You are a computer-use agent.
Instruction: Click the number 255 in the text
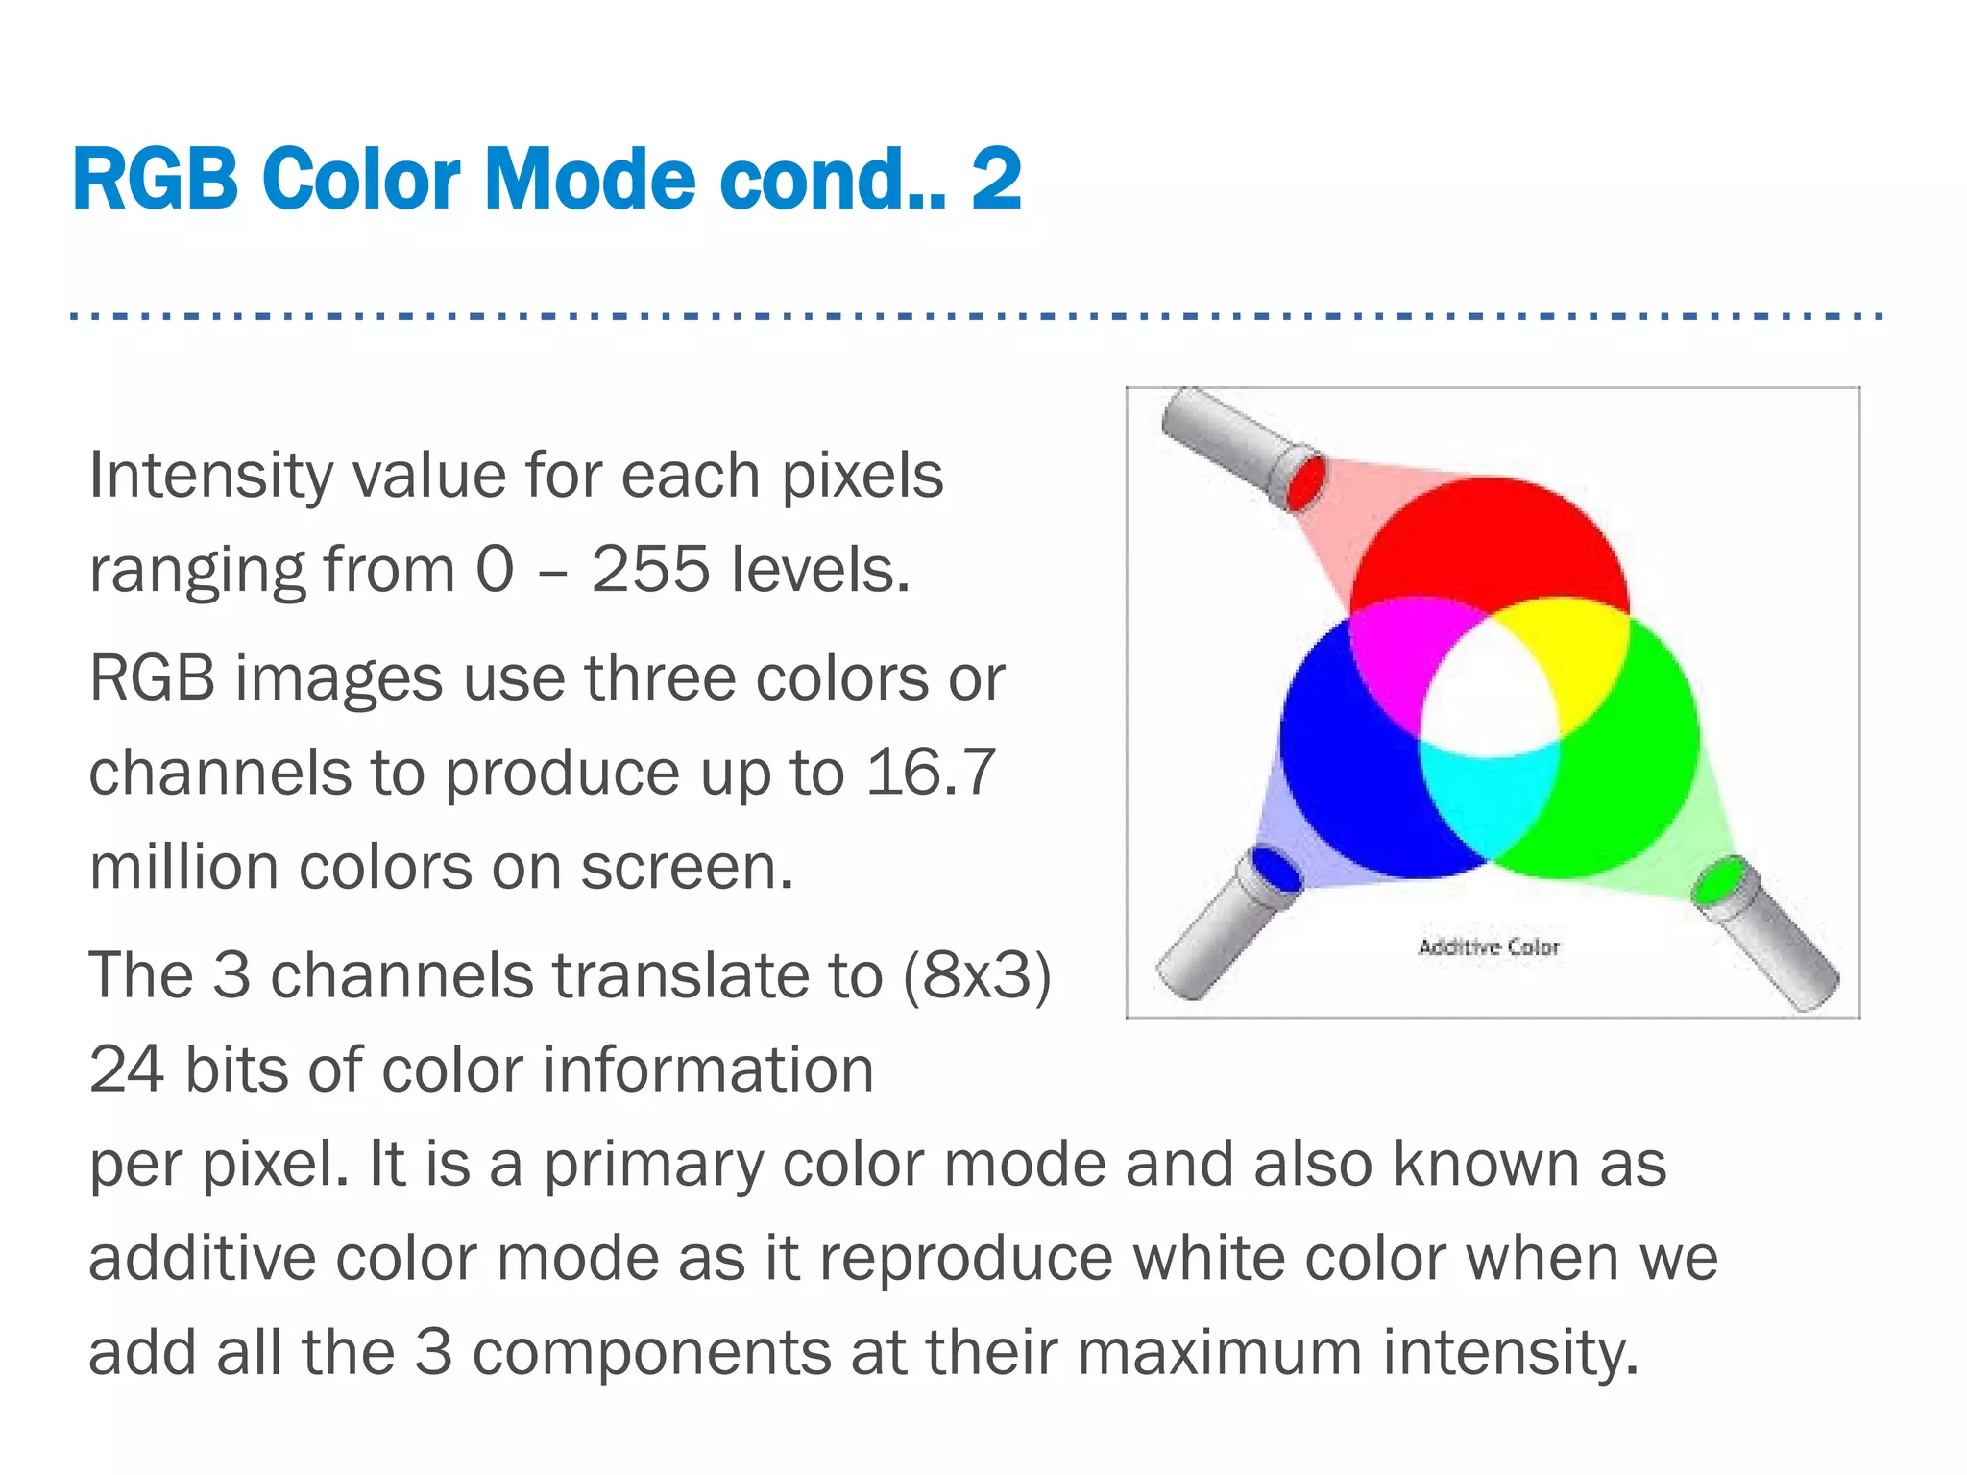point(649,569)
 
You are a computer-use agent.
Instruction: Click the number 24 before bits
point(126,1069)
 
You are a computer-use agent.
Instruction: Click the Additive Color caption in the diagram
point(1489,947)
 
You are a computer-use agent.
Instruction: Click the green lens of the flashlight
point(1718,880)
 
